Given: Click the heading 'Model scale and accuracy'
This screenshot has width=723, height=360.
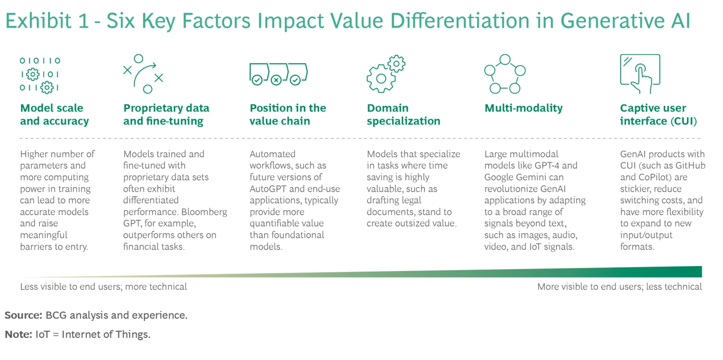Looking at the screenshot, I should (54, 114).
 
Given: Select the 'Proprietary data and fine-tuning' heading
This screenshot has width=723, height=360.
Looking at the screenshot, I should (166, 114).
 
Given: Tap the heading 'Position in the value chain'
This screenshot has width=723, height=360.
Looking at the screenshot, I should (288, 114).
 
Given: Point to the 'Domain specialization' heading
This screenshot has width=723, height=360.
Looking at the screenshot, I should (403, 114).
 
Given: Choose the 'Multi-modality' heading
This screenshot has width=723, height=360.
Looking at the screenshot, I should (523, 108).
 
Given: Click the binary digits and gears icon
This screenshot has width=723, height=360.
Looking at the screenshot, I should (40, 74).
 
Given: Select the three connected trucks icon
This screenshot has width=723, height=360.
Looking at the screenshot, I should (278, 74).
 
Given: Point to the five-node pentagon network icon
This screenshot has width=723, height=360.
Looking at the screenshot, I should (505, 74).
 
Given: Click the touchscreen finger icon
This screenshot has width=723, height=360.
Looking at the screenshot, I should (640, 74).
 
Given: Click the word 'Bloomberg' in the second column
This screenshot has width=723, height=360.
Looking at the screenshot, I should (206, 212).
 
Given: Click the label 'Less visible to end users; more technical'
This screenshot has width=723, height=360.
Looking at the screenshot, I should (103, 287).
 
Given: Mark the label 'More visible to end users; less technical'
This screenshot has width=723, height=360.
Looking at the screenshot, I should (620, 287).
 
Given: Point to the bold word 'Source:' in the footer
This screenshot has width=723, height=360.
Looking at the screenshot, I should (23, 315).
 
